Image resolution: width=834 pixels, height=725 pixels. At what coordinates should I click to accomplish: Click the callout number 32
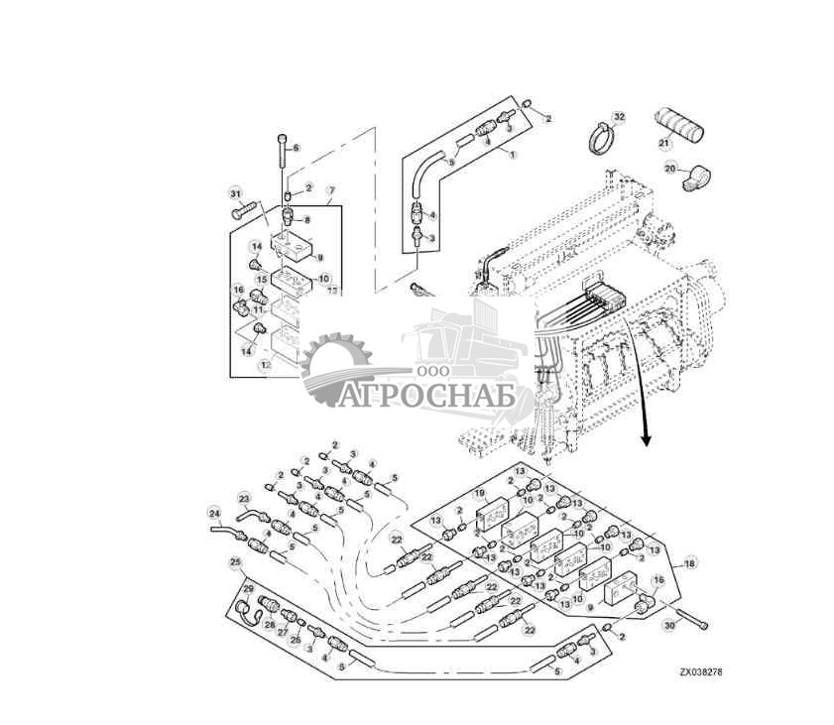[619, 117]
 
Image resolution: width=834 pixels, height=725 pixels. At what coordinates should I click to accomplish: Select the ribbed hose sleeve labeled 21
[676, 126]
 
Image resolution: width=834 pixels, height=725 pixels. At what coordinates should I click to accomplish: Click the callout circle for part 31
[236, 192]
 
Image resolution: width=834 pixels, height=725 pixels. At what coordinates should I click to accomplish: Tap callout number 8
[306, 220]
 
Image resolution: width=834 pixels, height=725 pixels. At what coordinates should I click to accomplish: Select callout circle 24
[213, 514]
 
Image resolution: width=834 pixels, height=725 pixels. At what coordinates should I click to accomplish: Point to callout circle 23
[244, 498]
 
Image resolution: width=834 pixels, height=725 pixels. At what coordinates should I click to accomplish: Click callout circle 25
[235, 562]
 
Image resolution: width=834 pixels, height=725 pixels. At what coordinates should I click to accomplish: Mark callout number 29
[249, 589]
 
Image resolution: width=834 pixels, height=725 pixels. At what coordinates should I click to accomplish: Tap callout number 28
[270, 625]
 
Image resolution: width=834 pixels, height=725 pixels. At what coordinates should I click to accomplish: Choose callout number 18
[690, 562]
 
